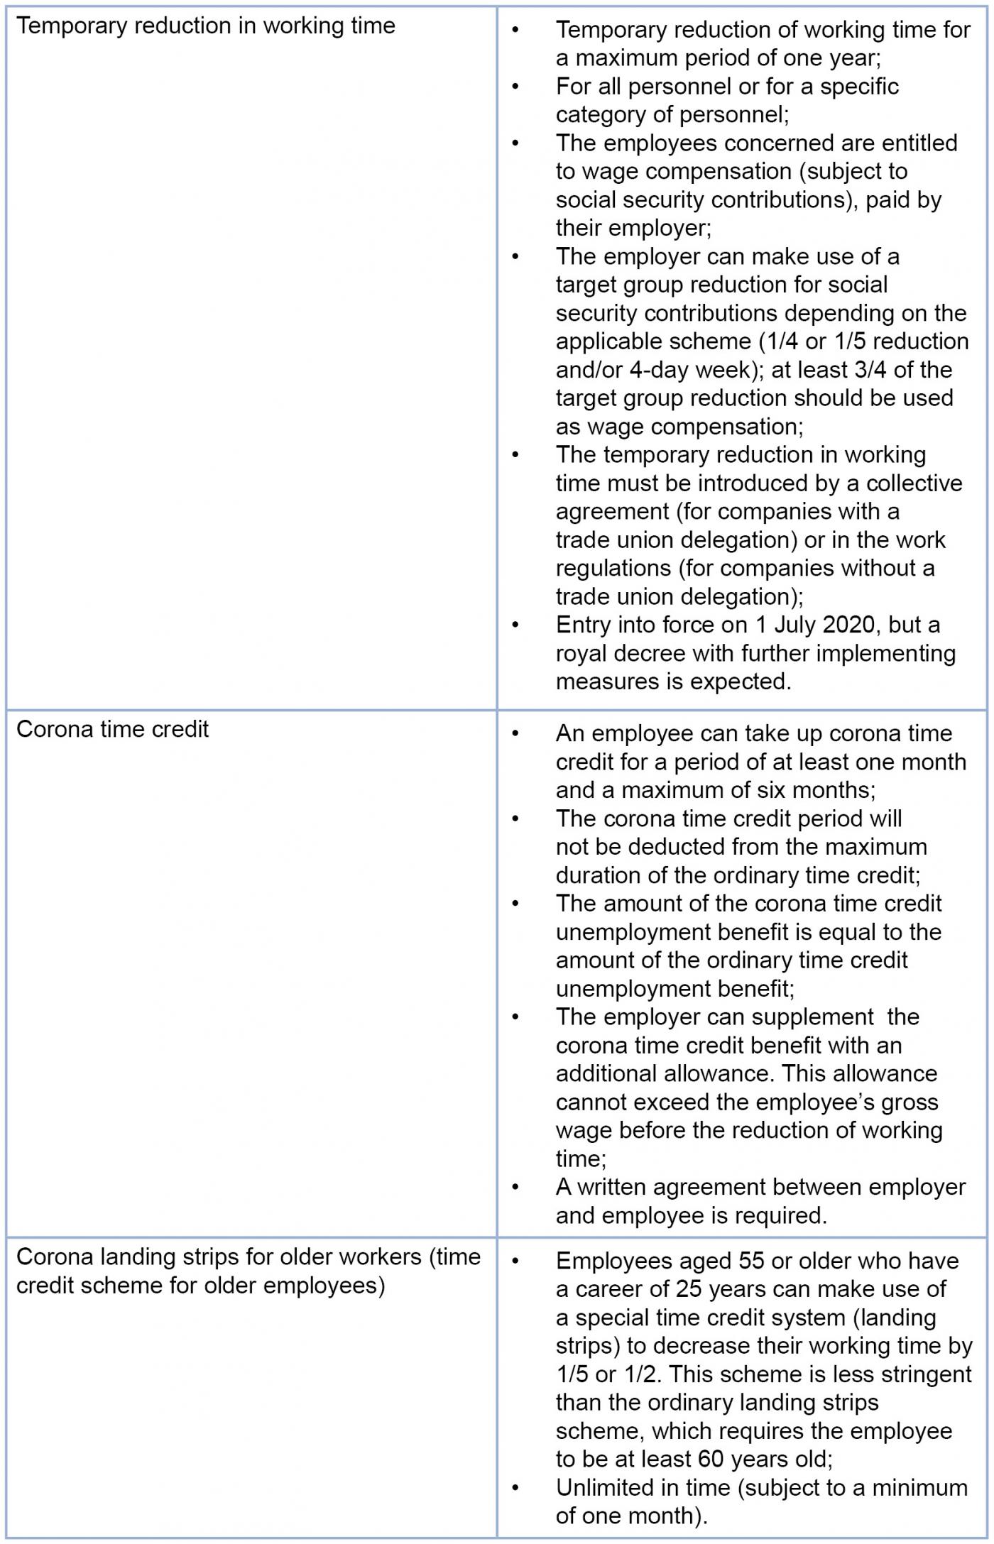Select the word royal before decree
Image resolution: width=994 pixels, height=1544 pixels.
point(581,653)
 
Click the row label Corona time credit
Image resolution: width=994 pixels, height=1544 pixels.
point(112,730)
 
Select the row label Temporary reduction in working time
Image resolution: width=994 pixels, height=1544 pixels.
point(205,26)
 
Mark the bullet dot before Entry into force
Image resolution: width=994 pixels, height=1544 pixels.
point(516,625)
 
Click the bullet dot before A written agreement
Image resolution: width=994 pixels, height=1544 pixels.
point(516,1187)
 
